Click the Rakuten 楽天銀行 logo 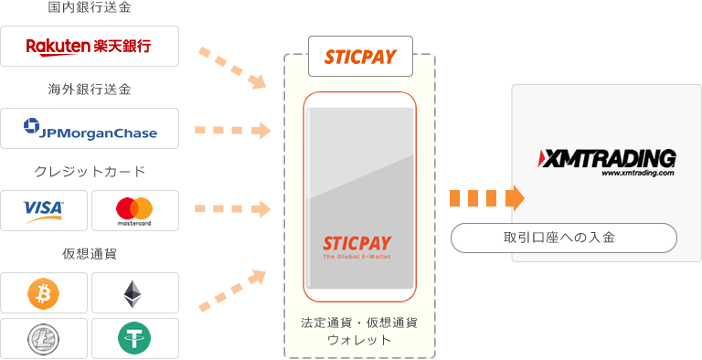89,46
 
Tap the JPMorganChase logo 90,131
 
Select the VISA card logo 44,210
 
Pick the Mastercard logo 134,210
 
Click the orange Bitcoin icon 44,292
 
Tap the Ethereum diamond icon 134,292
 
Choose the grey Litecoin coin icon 44,338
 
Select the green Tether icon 134,338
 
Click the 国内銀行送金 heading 90,8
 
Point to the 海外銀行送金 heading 90,90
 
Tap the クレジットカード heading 90,171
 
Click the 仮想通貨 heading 90,253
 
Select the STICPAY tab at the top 360,57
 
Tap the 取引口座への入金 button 564,238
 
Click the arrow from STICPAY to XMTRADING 486,197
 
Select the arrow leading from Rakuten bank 232,68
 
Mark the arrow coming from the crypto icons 232,289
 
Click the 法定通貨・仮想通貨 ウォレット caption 359,331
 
